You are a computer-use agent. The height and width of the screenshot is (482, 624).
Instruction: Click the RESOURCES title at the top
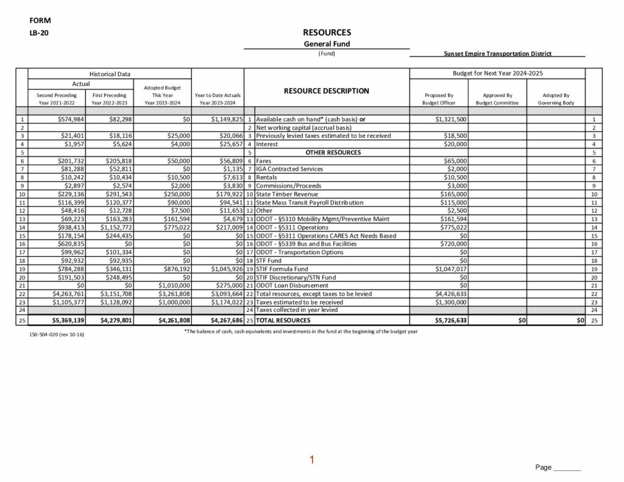[327, 32]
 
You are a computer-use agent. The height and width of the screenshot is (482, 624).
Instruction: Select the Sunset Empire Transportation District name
[498, 54]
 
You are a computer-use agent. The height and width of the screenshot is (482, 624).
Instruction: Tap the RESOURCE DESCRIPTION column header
[326, 91]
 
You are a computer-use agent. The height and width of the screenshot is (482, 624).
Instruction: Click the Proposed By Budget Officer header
[439, 99]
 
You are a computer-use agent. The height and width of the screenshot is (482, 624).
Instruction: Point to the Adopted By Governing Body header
[556, 99]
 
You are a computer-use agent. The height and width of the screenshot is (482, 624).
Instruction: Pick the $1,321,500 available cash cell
[451, 119]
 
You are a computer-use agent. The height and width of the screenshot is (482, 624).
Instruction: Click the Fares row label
[265, 161]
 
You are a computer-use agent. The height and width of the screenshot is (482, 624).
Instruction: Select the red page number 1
[311, 459]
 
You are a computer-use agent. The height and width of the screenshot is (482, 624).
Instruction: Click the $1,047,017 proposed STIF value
[451, 269]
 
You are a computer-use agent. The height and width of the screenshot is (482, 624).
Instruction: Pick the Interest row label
[267, 144]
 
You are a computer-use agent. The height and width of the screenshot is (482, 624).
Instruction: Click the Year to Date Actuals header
[218, 99]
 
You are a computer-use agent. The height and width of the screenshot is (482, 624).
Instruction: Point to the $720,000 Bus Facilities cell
[453, 244]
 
